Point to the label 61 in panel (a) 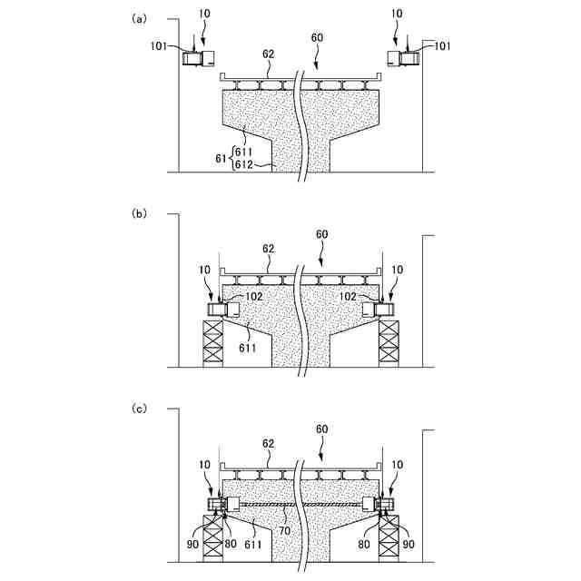pyautogui.click(x=221, y=158)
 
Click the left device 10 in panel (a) pyautogui.click(x=199, y=58)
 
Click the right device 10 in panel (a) pyautogui.click(x=402, y=58)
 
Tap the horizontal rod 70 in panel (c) pyautogui.click(x=300, y=505)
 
